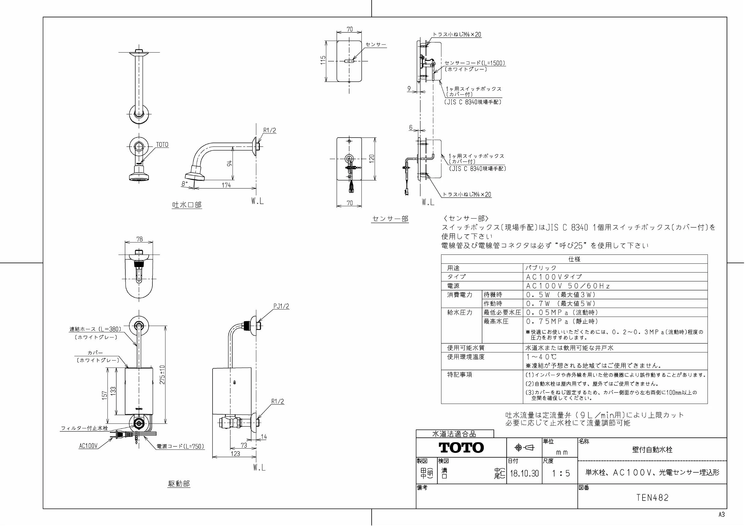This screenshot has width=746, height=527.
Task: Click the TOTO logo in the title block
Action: [x=461, y=448]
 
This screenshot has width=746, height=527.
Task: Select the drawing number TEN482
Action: [x=652, y=498]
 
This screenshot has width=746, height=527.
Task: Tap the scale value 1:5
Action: [x=561, y=474]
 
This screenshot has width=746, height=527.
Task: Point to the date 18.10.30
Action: [x=524, y=474]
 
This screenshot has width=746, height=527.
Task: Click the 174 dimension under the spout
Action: [x=226, y=185]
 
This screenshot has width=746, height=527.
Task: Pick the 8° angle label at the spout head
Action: [x=185, y=184]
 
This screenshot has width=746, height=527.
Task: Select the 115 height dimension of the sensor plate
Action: [x=323, y=61]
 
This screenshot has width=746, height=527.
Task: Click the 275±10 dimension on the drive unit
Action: [x=162, y=375]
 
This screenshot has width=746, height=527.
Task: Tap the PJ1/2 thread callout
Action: [x=281, y=306]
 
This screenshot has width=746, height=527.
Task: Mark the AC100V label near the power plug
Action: [x=88, y=446]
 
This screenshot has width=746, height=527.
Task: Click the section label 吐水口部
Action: [x=187, y=205]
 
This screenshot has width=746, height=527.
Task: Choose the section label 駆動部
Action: [x=179, y=483]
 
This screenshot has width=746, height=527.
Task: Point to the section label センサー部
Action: [x=390, y=219]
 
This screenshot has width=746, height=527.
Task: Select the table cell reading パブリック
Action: [x=541, y=268]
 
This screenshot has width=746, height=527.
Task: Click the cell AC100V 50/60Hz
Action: [x=568, y=286]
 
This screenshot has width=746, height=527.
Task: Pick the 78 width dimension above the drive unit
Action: [x=140, y=239]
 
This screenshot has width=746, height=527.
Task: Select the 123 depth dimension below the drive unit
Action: [x=235, y=454]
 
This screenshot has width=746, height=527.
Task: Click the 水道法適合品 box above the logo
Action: [x=455, y=434]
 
